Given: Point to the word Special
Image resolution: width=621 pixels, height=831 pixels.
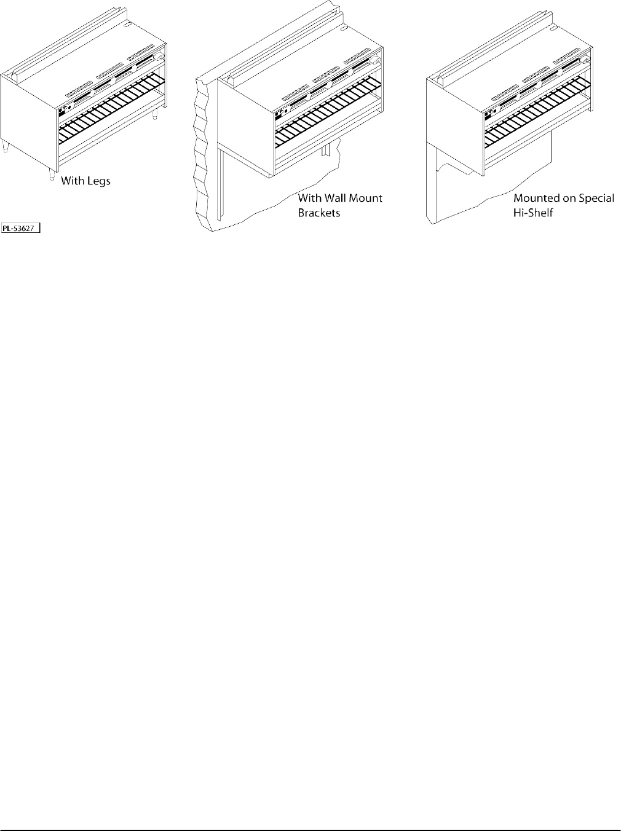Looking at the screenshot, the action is tap(595, 199).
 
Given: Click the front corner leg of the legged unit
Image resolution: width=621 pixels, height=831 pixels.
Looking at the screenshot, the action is tap(51, 175).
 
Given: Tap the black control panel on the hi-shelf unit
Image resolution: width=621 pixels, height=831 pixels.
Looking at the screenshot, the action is tap(488, 114).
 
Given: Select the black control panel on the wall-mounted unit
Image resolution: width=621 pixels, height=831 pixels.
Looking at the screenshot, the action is tap(279, 114).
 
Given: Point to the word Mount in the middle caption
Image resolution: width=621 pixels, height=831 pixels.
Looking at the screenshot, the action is tap(367, 198).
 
